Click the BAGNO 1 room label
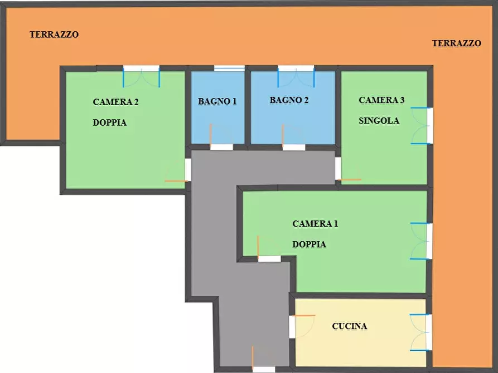[x=217, y=101]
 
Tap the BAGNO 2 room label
[x=289, y=100]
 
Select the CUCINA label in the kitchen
[x=350, y=326]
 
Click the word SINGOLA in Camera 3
[x=379, y=120]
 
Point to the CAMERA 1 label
[x=315, y=224]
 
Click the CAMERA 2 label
[x=115, y=102]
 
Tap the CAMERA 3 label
[x=381, y=100]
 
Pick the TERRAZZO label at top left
[x=54, y=35]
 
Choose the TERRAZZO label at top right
[x=456, y=43]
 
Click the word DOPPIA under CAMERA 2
[x=109, y=122]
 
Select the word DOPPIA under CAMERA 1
[x=309, y=244]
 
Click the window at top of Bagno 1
[x=229, y=68]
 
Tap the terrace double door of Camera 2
[x=141, y=76]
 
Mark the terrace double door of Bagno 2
[x=296, y=76]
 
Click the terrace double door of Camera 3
[x=422, y=126]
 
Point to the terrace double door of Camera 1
[x=422, y=241]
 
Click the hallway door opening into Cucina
[x=302, y=327]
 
